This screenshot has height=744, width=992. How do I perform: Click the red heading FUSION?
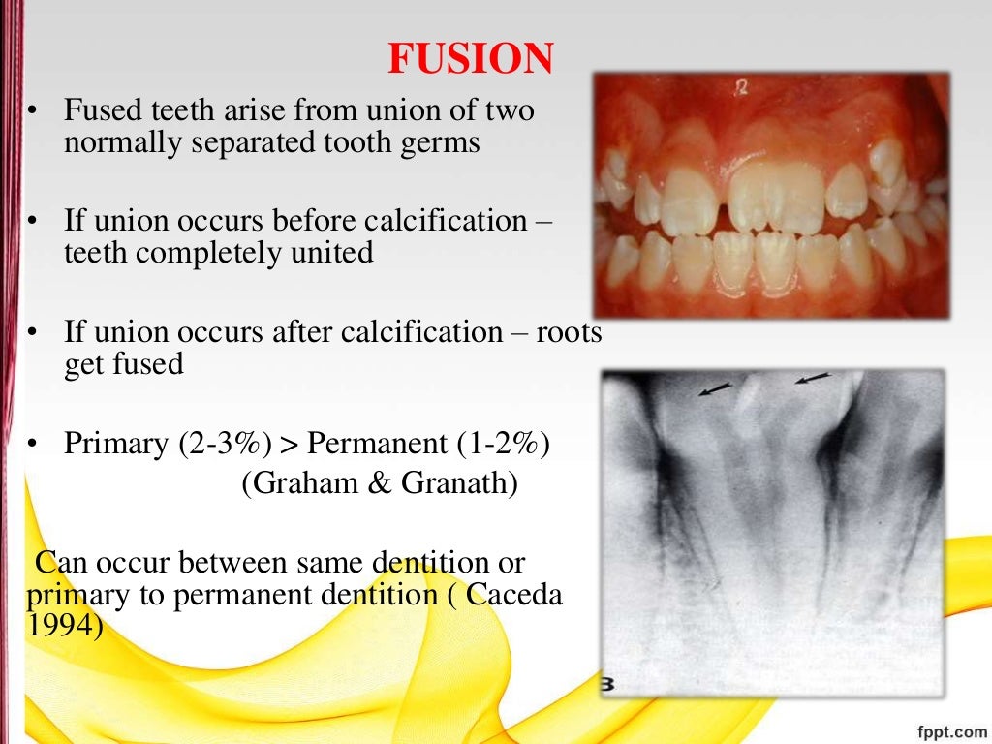470,60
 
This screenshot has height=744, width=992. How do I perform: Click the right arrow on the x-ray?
812,378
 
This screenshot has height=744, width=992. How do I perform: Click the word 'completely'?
201,253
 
